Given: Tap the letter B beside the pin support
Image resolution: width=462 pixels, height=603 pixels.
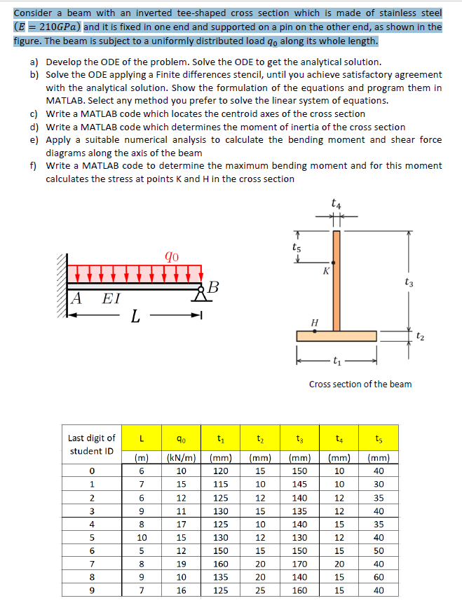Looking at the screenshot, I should pos(214,286).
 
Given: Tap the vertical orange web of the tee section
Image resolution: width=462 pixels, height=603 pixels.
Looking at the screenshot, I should pos(337,280).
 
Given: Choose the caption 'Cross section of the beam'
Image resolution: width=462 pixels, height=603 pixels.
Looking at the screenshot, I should pos(360,384).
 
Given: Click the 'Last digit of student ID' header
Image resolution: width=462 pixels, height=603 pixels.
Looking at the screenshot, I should pos(92,445).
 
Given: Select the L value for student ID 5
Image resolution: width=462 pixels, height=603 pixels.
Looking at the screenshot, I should pos(142,537).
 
